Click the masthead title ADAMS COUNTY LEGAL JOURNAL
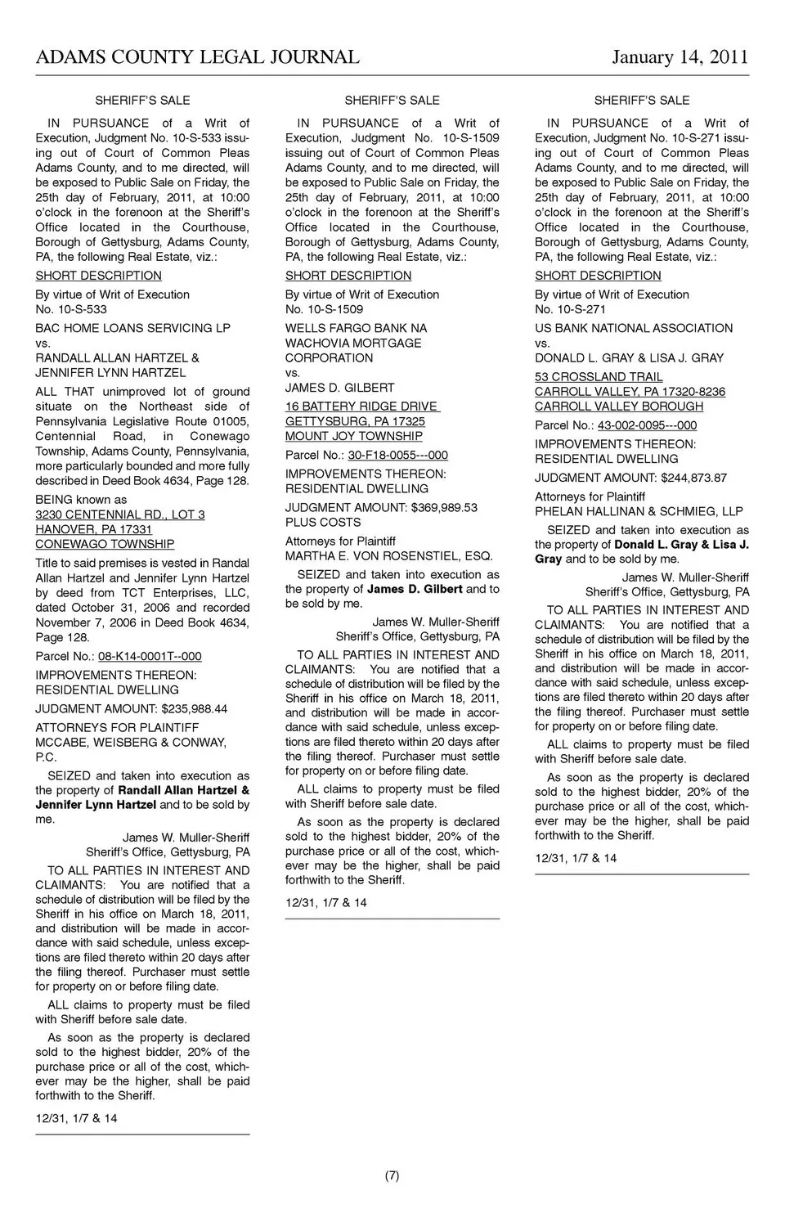tap(197, 57)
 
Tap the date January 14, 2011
tap(680, 57)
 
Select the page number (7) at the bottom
tap(392, 1176)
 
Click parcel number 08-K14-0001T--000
tap(150, 656)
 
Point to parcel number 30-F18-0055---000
tap(397, 455)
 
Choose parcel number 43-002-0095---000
tap(647, 425)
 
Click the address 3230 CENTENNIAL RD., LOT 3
tap(120, 514)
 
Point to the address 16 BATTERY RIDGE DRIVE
tap(362, 407)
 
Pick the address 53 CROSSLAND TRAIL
tap(599, 377)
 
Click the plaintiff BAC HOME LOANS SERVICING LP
tap(132, 328)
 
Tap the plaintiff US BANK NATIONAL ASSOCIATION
tap(634, 328)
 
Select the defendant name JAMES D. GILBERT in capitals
tap(339, 388)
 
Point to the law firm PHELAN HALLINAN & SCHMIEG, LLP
tap(639, 511)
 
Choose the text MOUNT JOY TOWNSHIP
tap(353, 436)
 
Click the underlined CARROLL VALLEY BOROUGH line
tap(619, 407)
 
